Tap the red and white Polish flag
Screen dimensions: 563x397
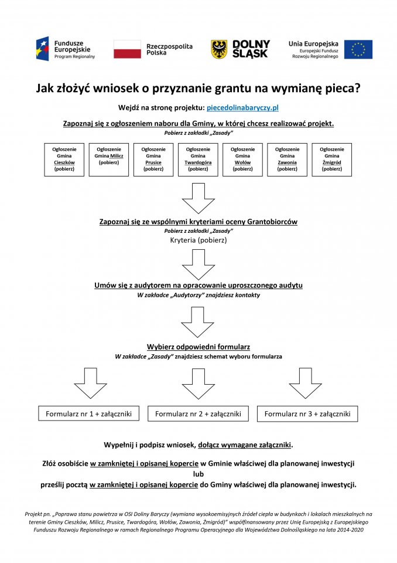tap(127, 49)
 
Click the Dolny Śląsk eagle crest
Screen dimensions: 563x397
tap(219, 49)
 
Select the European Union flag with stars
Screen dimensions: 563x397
tap(358, 49)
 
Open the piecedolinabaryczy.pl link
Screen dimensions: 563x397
tap(242, 108)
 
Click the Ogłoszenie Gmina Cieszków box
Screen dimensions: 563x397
tap(64, 160)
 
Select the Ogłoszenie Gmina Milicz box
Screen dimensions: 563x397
tap(109, 160)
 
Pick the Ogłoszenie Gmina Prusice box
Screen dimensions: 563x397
tap(153, 160)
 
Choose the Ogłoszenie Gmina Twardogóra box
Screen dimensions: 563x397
tap(198, 160)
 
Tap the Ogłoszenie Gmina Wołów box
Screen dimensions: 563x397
tap(242, 160)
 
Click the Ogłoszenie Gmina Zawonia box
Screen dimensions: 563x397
tap(287, 160)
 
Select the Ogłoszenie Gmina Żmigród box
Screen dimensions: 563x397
tap(331, 160)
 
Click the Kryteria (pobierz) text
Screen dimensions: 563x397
tap(198, 240)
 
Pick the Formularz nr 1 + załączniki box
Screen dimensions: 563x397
tap(89, 413)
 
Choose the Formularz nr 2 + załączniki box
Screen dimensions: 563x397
tap(198, 413)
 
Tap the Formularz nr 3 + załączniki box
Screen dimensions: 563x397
tap(307, 413)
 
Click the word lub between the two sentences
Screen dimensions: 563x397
tap(198, 474)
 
